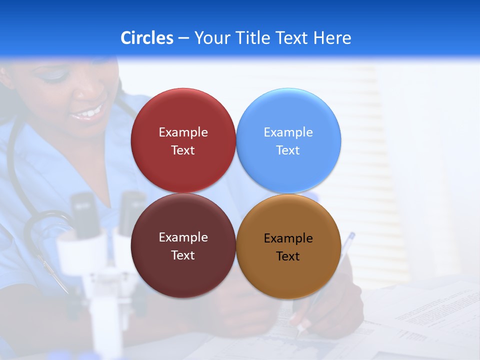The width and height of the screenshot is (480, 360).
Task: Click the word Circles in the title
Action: pos(146,38)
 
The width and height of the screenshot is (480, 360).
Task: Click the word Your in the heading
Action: pos(211,38)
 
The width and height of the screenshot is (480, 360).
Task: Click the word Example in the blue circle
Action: pos(288,132)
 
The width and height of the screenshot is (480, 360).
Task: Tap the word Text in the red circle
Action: pos(183,150)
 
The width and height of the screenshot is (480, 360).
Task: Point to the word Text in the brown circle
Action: pos(288,256)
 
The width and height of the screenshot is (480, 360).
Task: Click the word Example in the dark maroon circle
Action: pos(183,237)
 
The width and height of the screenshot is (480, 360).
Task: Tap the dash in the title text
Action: pos(183,38)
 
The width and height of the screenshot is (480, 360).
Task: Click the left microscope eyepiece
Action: pos(82,210)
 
